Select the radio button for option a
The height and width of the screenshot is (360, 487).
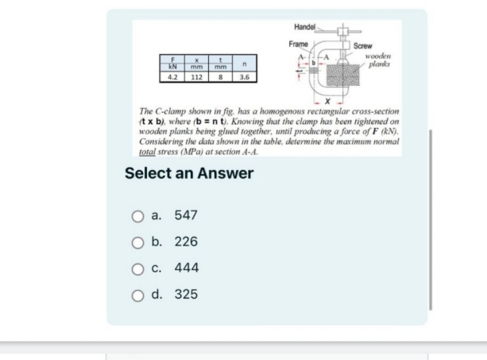coord(138,215)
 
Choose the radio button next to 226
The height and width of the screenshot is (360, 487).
coord(138,242)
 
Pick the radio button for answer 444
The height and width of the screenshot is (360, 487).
coord(138,269)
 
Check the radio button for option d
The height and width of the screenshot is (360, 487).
coord(138,295)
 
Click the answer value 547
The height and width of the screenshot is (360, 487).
coord(186,215)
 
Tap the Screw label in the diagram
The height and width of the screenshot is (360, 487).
coord(364,46)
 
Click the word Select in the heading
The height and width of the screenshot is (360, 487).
coord(150,172)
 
